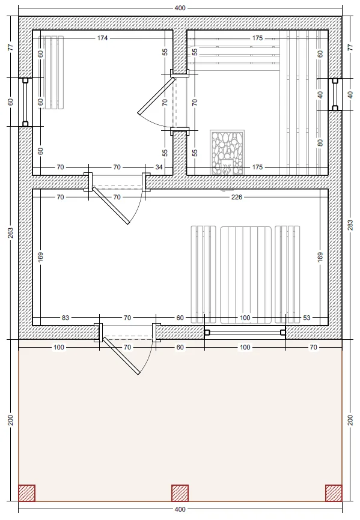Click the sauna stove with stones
click(227, 153)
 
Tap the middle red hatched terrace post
click(180, 493)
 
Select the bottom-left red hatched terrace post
click(26, 493)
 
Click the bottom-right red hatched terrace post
click(334, 493)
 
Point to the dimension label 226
click(237, 197)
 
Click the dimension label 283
click(350, 225)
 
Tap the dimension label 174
click(102, 38)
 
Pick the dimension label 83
click(66, 318)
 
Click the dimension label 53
click(307, 318)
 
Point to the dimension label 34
click(159, 167)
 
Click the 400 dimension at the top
click(180, 8)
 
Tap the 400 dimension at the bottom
click(180, 509)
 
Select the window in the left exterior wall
click(25, 102)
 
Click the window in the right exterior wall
click(335, 94)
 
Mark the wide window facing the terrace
click(245, 332)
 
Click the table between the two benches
click(246, 275)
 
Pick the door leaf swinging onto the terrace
click(121, 356)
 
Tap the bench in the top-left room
click(51, 72)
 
